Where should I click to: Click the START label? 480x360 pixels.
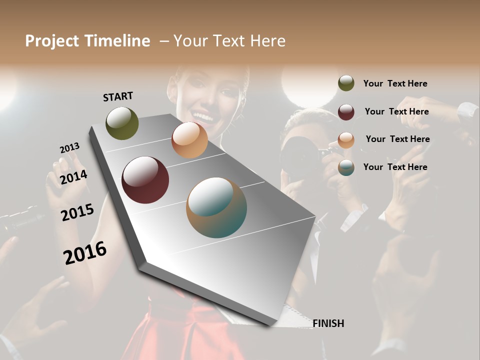118,96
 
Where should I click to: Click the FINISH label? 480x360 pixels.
328,323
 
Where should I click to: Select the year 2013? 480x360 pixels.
69,147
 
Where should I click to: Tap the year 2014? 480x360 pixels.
73,177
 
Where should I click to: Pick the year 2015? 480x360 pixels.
77,212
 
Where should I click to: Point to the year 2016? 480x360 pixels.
85,253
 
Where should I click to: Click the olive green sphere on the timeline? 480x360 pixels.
122,123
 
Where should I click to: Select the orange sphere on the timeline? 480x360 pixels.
189,140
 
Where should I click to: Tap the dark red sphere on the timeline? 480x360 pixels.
145,180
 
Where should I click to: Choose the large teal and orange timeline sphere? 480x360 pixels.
216,207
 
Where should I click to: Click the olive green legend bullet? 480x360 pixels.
346,83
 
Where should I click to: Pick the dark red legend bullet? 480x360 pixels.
346,111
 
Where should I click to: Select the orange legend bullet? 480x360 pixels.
346,139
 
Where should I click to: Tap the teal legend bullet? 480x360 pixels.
346,167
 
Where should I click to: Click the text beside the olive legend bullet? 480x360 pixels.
395,83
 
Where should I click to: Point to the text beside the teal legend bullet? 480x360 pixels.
395,167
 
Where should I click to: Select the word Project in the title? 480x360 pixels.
52,41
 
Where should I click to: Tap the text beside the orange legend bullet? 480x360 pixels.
397,139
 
